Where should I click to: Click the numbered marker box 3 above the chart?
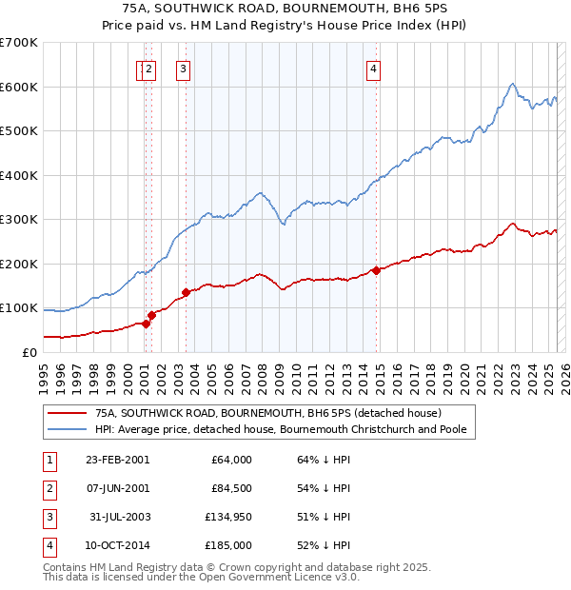pyautogui.click(x=182, y=68)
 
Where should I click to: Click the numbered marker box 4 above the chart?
pyautogui.click(x=375, y=68)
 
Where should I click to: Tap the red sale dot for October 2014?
pyautogui.click(x=377, y=270)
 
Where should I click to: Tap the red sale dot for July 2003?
pyautogui.click(x=186, y=292)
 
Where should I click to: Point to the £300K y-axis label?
pyautogui.click(x=19, y=220)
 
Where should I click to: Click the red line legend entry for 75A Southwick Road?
pyautogui.click(x=267, y=413)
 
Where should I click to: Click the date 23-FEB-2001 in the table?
pyautogui.click(x=117, y=460)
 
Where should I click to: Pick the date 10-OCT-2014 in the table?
pyautogui.click(x=116, y=545)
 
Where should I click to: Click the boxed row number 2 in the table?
pyautogui.click(x=49, y=488)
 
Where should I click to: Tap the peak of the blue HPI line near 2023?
pyautogui.click(x=512, y=84)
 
